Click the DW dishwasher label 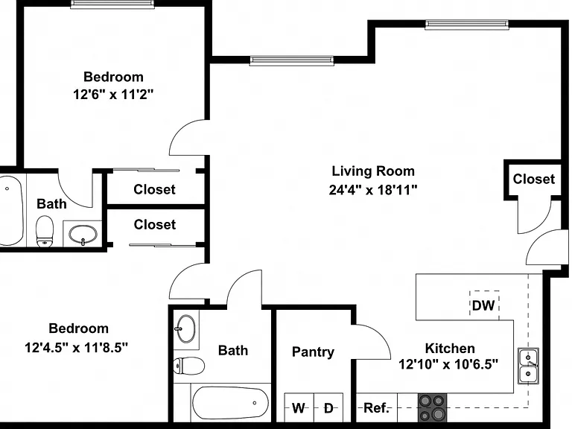coord(483,305)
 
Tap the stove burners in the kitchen coord(432,407)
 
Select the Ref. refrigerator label coord(376,407)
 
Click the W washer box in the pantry coord(299,407)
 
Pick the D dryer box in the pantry coord(328,407)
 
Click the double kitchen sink coord(529,366)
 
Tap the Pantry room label coord(313,352)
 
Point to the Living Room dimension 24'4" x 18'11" coord(373,190)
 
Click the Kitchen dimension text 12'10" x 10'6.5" coord(448,364)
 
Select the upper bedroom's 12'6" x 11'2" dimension coord(113,95)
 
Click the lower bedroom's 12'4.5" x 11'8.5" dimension coord(76,347)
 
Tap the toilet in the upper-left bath coord(45,232)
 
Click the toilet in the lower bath coord(188,366)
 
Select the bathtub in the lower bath coord(230,403)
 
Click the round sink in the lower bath coord(186,328)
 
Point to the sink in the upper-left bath coord(83,235)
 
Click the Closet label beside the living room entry coord(534,179)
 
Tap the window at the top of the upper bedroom coord(112,4)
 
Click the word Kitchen coord(450,348)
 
